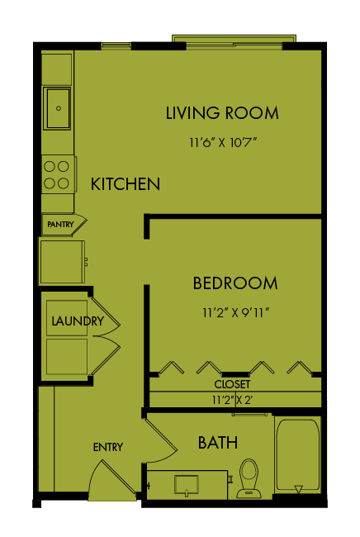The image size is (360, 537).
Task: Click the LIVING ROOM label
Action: pyautogui.click(x=222, y=113)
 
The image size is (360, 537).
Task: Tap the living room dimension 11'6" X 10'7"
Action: pyautogui.click(x=223, y=142)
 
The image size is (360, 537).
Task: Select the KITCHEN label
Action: pyautogui.click(x=126, y=184)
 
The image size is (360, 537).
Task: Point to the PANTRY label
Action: pyautogui.click(x=60, y=225)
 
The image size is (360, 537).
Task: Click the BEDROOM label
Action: pyautogui.click(x=235, y=283)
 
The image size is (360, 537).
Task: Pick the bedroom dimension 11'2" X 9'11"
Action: pyautogui.click(x=236, y=312)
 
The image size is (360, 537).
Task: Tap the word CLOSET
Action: pyautogui.click(x=232, y=384)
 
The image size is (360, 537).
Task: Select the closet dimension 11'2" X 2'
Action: pyautogui.click(x=232, y=400)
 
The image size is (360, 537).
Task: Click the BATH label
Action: pyautogui.click(x=218, y=443)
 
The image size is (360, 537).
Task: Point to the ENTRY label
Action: pyautogui.click(x=108, y=447)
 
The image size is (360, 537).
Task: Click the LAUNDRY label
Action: pyautogui.click(x=78, y=321)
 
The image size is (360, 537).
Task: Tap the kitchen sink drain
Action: pyautogui.click(x=59, y=108)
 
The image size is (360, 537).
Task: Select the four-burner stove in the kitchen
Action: pyautogui.click(x=59, y=174)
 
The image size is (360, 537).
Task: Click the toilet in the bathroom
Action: pyautogui.click(x=249, y=478)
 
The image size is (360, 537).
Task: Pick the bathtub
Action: pyautogui.click(x=298, y=454)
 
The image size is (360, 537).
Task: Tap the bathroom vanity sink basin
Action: pyautogui.click(x=186, y=484)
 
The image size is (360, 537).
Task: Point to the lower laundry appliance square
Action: pyautogui.click(x=67, y=357)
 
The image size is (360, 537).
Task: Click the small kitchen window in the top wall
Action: pyautogui.click(x=116, y=46)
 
